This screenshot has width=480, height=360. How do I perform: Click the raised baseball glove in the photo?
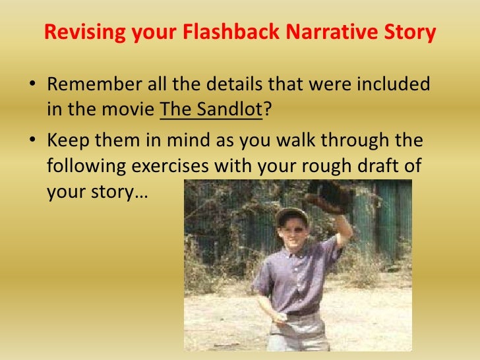[x=330, y=194]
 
